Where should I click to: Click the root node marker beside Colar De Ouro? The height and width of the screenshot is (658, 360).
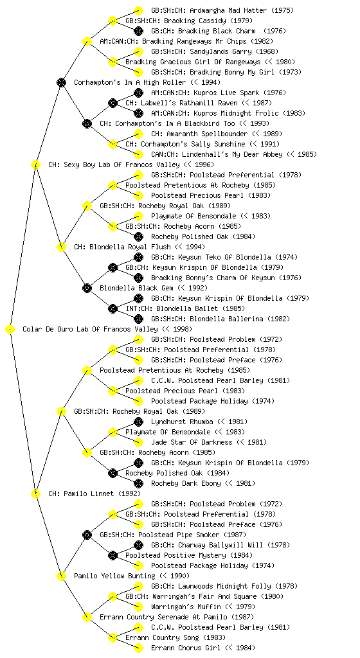10,330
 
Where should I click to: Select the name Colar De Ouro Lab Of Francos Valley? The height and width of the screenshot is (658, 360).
90,330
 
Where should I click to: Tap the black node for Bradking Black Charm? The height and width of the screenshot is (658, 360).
138,31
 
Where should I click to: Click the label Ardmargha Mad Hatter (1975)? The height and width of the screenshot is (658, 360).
222,10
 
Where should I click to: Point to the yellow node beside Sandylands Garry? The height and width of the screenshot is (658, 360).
138,51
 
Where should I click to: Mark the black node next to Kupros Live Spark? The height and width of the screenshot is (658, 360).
138,93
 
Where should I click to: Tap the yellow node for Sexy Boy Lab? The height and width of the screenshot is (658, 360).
35,164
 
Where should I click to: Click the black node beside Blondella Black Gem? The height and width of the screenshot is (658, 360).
87,288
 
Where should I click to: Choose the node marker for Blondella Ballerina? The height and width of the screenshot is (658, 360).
138,319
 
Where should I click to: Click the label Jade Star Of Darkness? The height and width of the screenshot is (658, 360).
192,442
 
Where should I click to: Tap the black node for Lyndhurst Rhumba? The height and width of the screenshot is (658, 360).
138,422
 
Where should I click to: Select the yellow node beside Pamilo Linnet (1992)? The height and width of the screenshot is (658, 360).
35,494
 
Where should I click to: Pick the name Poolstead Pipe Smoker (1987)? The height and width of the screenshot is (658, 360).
173,535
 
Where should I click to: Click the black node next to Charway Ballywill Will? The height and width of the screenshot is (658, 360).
138,545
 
